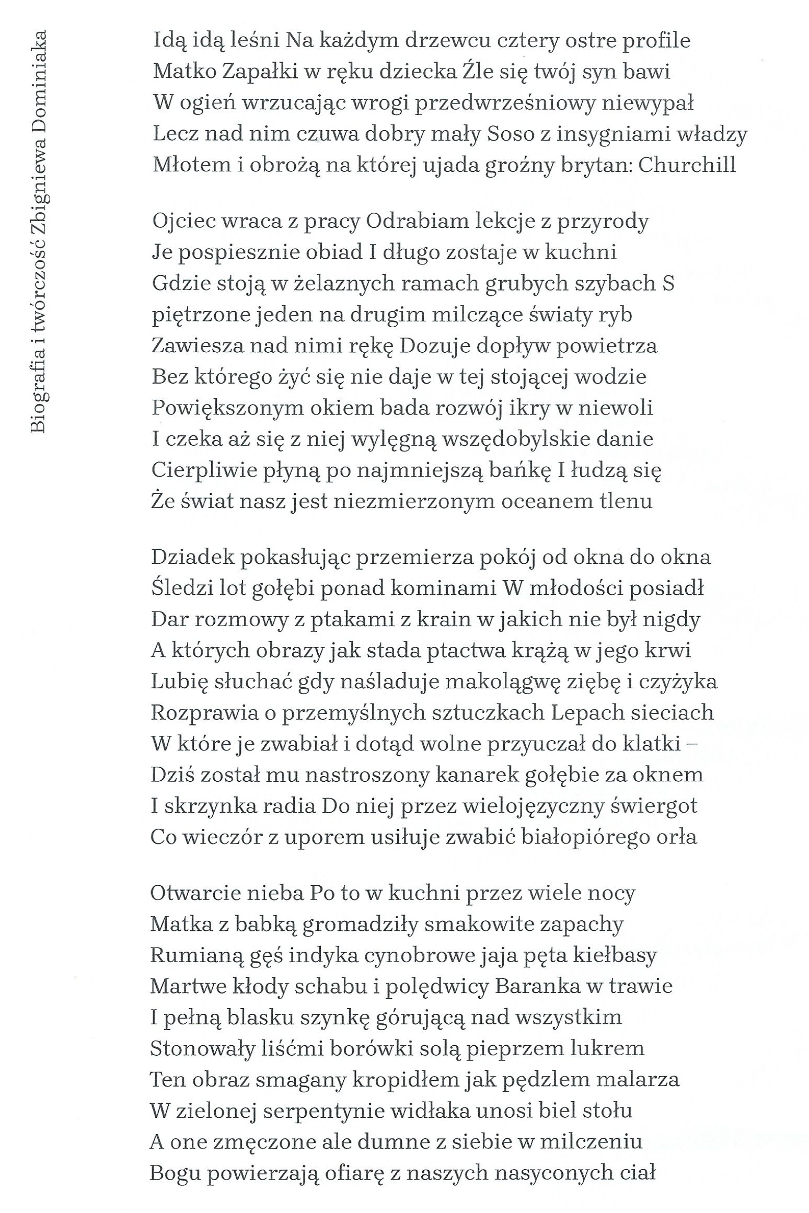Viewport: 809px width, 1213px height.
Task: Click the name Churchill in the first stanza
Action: click(x=687, y=165)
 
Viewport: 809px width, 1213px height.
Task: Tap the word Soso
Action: click(x=507, y=134)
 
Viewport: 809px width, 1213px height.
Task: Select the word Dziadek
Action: click(x=191, y=557)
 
